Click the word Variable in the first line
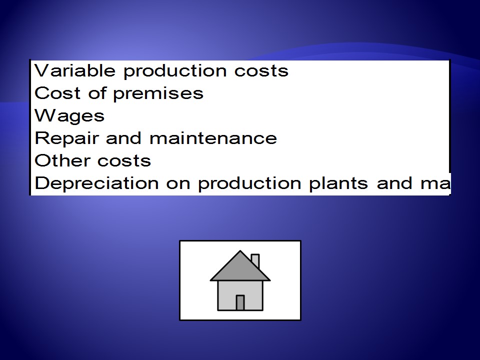tap(75, 70)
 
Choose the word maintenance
tap(213, 138)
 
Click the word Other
tap(62, 160)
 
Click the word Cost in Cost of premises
tap(57, 93)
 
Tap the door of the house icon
tap(240, 303)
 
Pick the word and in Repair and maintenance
tap(123, 138)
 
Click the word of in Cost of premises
tap(97, 93)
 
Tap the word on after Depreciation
tap(178, 183)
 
